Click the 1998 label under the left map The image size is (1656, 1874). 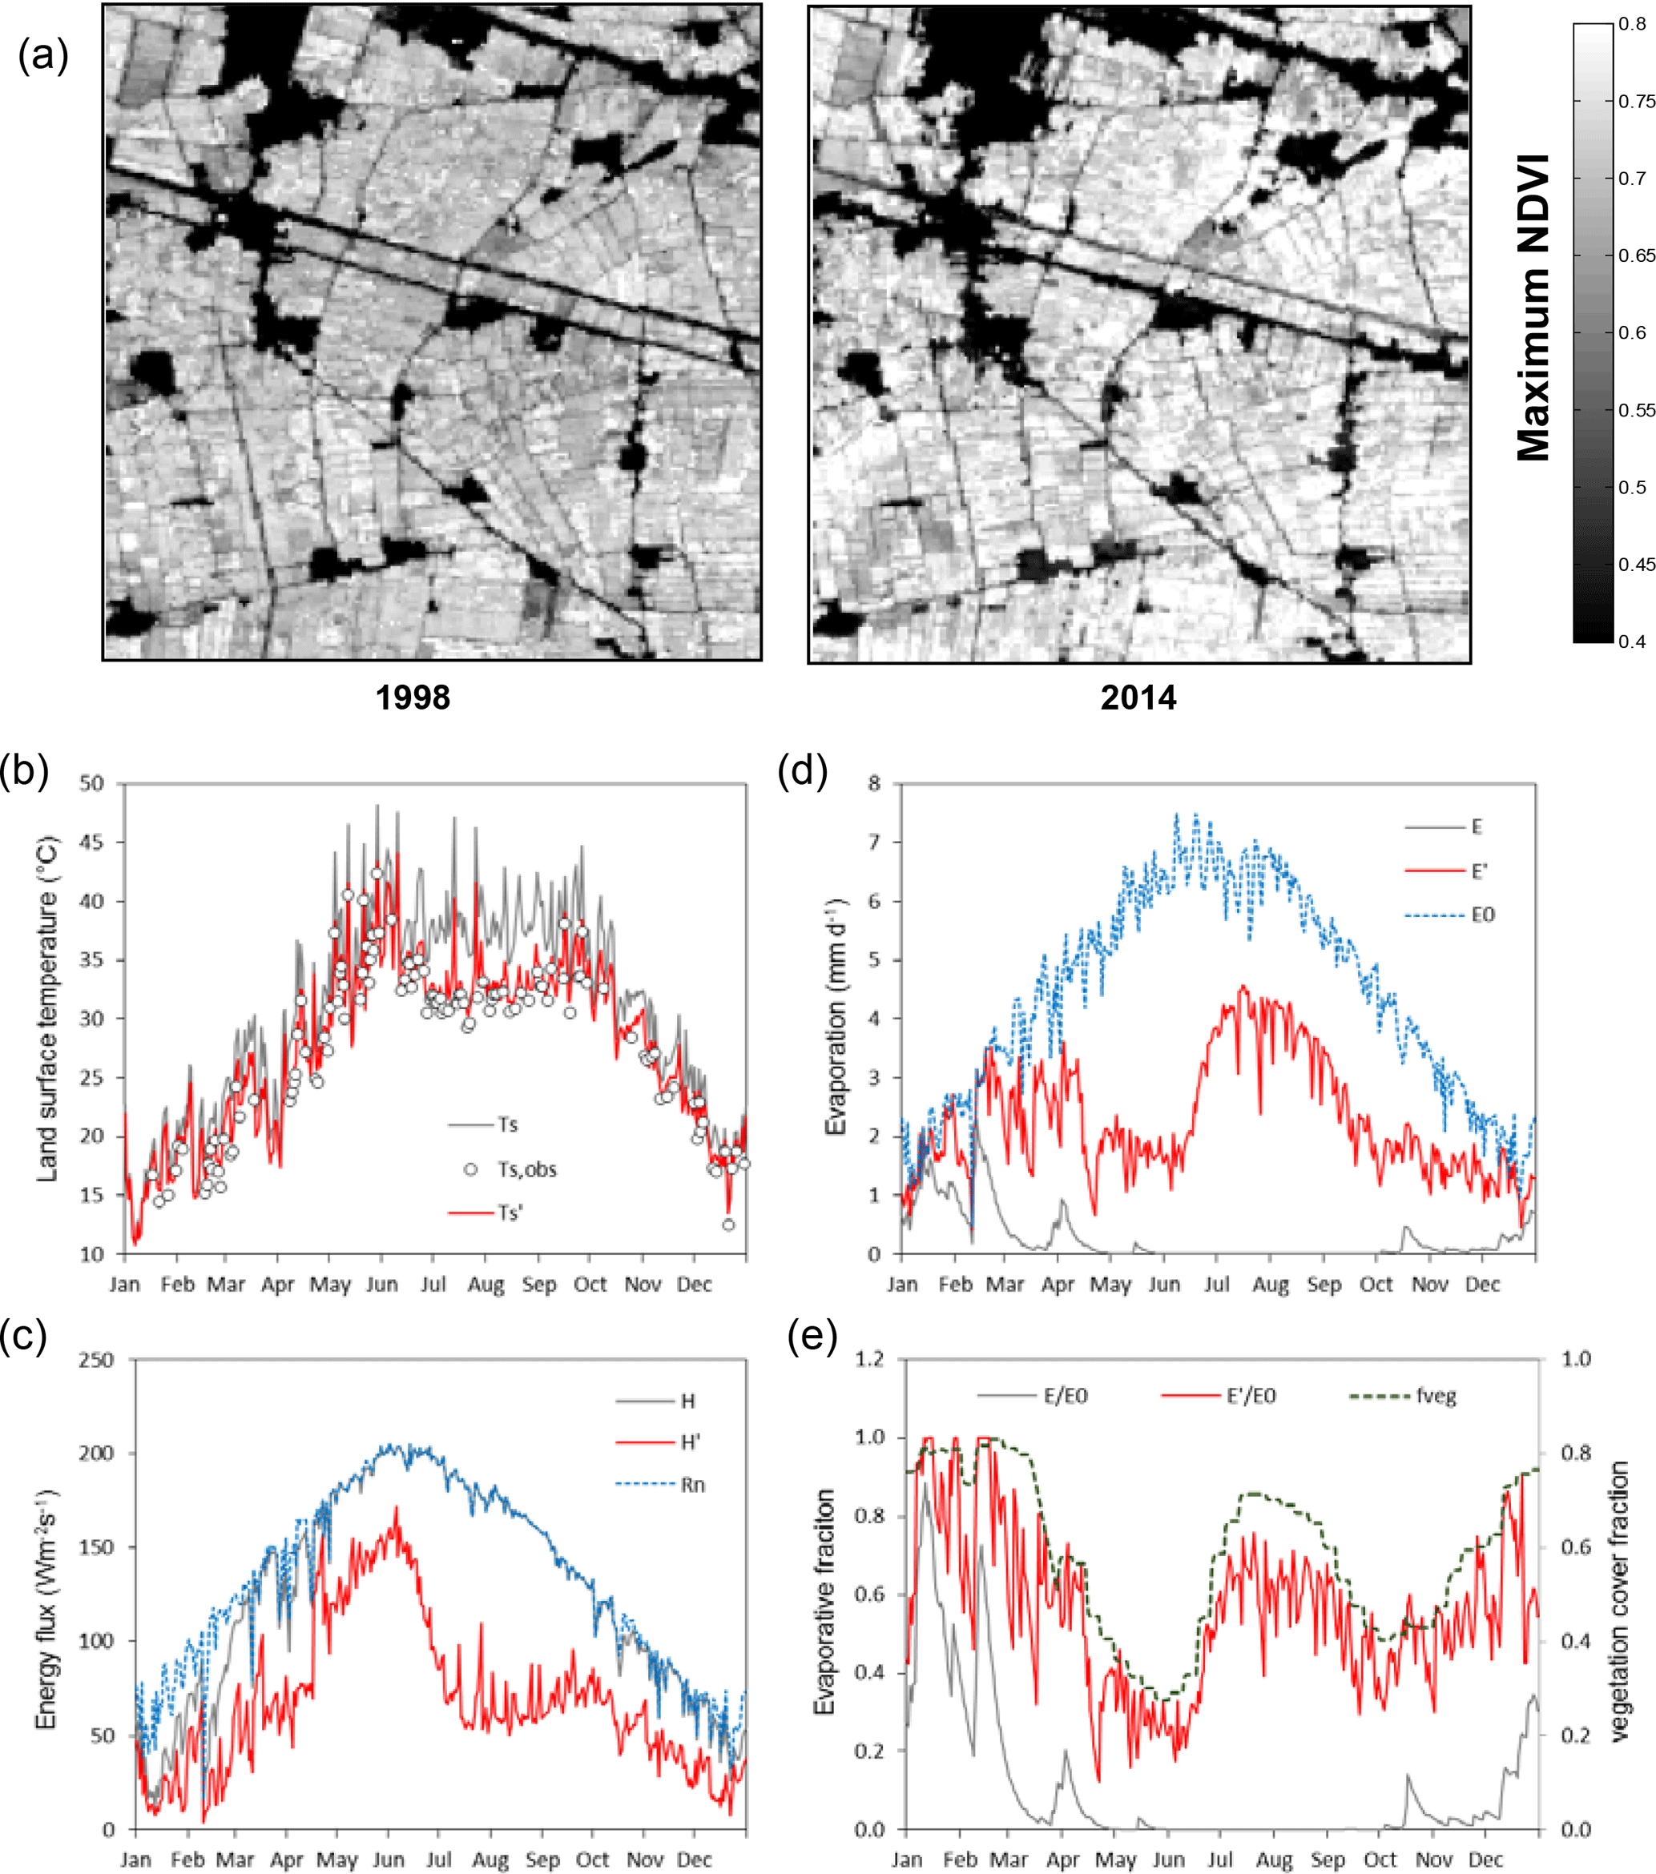413,698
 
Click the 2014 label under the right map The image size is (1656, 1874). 1138,698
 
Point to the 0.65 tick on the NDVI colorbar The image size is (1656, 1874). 1637,255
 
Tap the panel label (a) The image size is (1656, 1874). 43,57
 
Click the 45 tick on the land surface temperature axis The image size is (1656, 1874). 91,842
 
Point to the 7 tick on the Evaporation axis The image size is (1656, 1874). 874,842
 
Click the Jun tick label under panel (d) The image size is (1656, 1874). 1165,1285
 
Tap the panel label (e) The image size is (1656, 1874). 812,1337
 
